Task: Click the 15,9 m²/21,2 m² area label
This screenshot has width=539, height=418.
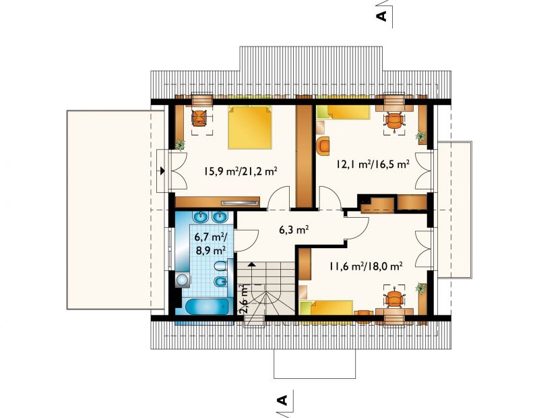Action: point(241,171)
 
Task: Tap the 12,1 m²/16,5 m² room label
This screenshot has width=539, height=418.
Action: point(373,164)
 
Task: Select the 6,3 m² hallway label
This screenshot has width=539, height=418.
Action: point(293,229)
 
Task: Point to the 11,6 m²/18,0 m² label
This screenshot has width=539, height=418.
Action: point(366,266)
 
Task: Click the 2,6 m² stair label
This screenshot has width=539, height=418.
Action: point(243,298)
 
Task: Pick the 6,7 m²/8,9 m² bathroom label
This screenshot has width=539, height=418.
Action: point(210,243)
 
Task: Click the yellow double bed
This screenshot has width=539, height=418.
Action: point(250,127)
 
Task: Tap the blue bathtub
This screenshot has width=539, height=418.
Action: point(207,306)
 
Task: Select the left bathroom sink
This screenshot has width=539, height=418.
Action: point(199,216)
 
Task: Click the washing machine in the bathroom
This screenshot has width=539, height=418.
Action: point(182,280)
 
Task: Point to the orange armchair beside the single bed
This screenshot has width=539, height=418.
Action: point(323,145)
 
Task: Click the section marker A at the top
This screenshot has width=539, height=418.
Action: point(381,16)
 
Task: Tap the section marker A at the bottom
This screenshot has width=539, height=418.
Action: point(282,400)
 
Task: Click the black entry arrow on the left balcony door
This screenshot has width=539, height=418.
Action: point(162,171)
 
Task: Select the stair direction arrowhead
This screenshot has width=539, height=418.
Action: point(251,264)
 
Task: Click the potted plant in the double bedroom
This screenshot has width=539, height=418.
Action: point(180,145)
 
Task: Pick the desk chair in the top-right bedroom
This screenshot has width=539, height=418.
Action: point(394,121)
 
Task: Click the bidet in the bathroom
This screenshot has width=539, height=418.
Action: point(220,282)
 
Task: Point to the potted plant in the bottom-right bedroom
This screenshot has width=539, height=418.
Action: point(420,288)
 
